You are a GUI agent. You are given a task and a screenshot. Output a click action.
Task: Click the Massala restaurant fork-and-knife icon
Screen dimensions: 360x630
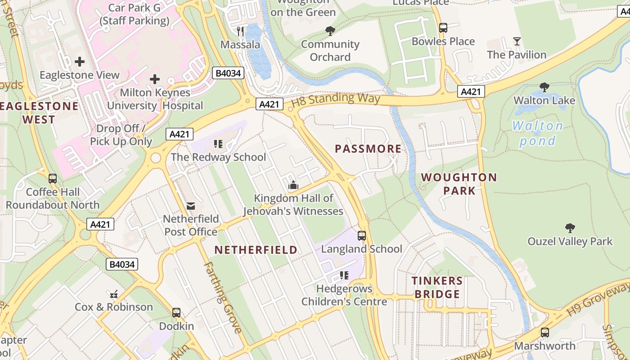point(240,31)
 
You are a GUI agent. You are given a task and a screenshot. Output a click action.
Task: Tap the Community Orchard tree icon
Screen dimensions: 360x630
point(330,31)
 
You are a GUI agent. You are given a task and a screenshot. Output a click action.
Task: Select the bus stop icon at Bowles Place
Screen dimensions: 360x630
point(443,28)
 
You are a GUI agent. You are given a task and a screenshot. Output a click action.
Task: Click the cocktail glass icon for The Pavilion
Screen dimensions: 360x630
point(517,41)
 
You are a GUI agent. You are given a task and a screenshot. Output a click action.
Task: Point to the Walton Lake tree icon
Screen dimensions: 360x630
point(544,87)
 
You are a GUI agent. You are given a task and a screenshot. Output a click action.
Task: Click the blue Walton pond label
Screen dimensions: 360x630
point(537,134)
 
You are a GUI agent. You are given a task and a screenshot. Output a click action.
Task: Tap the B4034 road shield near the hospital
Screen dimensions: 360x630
point(228,73)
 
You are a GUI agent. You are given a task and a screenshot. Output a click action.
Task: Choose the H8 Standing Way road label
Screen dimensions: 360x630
point(336,99)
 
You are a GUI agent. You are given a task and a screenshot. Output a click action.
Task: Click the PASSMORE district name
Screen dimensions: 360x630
point(368,149)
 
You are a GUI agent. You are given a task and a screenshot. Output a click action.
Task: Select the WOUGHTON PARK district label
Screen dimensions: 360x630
point(459,184)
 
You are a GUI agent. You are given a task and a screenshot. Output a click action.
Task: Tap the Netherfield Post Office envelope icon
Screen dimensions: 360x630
point(191,206)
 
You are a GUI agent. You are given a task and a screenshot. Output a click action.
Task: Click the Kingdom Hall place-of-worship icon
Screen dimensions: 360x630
point(293,185)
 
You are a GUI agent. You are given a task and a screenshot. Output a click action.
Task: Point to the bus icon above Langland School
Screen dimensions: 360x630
point(362,236)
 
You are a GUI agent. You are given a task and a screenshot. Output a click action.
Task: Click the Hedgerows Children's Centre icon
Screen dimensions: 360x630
point(344,275)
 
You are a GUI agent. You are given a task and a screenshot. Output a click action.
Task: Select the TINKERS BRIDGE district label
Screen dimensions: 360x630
point(437,288)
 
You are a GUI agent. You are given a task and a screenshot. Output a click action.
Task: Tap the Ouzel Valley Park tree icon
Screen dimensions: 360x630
point(570,228)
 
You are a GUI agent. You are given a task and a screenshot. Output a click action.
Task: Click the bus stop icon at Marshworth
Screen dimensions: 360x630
point(545,333)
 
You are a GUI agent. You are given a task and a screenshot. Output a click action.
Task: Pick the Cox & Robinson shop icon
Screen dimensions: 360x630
point(114,294)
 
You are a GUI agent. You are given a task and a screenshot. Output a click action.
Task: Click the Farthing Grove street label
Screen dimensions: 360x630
point(223,297)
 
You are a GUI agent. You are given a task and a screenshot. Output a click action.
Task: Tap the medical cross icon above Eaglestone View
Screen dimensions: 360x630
point(80,61)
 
